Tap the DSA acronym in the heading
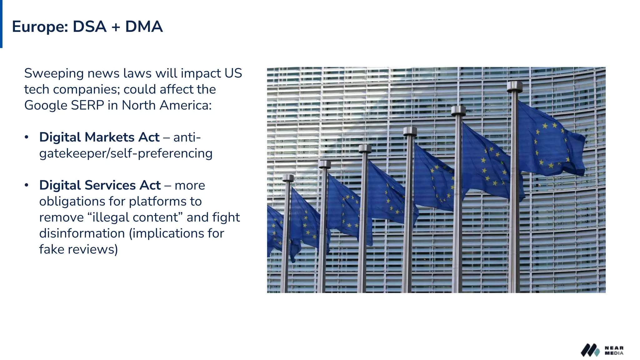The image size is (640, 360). (x=90, y=27)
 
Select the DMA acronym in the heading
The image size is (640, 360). (x=144, y=27)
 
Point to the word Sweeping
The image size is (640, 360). (x=54, y=74)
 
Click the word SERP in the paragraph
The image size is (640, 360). (x=87, y=105)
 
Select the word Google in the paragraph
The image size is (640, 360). (x=46, y=106)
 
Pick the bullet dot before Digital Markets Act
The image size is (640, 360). (x=27, y=137)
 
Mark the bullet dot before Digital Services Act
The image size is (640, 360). (x=27, y=185)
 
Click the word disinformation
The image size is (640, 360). (x=82, y=233)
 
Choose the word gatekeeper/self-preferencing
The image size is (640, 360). (x=126, y=153)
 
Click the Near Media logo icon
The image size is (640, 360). (x=590, y=350)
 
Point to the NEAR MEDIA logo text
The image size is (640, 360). (x=614, y=350)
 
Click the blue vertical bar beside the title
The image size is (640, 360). (x=1, y=24)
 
